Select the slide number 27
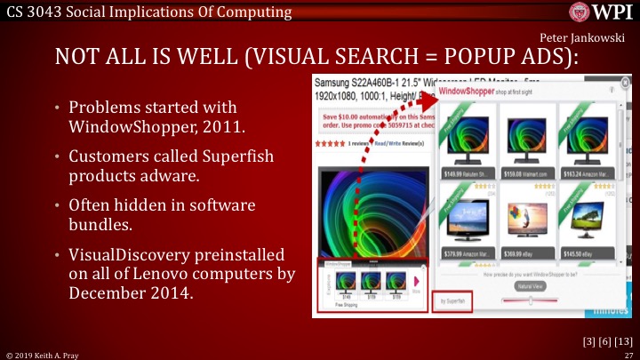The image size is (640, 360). pos(628,354)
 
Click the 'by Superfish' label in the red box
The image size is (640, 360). pos(451,301)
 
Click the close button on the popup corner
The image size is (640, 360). pos(626,82)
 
